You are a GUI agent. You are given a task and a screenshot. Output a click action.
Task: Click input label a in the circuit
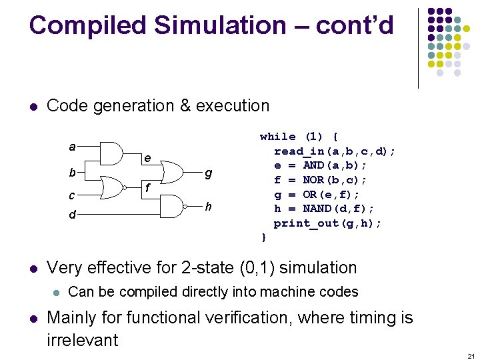(72, 146)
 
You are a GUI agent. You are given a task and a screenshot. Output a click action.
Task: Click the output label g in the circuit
(209, 173)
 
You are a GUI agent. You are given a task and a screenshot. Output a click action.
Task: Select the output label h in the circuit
(209, 207)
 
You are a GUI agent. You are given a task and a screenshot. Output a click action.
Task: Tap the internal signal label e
(148, 159)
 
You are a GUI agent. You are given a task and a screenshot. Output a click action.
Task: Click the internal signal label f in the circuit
(148, 189)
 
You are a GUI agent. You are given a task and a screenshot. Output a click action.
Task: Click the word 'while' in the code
(277, 137)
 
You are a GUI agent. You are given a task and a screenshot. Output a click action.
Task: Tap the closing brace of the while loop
(263, 237)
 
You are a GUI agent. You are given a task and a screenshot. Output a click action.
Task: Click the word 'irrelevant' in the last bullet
(83, 340)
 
